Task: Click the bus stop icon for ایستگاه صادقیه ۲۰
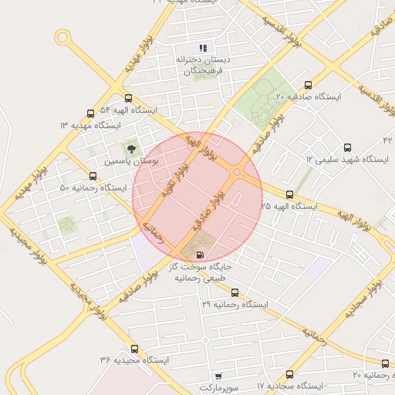pos(308,85)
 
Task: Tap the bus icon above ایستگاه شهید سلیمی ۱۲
pos(346,147)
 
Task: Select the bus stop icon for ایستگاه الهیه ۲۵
pos(289,194)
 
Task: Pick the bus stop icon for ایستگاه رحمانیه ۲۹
pos(235,292)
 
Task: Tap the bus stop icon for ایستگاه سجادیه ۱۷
pos(289,373)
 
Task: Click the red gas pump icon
pos(200,254)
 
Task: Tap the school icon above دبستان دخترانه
pos(203,48)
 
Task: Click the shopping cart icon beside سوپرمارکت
pos(218,376)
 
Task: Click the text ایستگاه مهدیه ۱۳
pos(90,125)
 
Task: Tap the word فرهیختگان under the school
pos(203,71)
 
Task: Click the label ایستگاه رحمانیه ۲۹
pos(235,305)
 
